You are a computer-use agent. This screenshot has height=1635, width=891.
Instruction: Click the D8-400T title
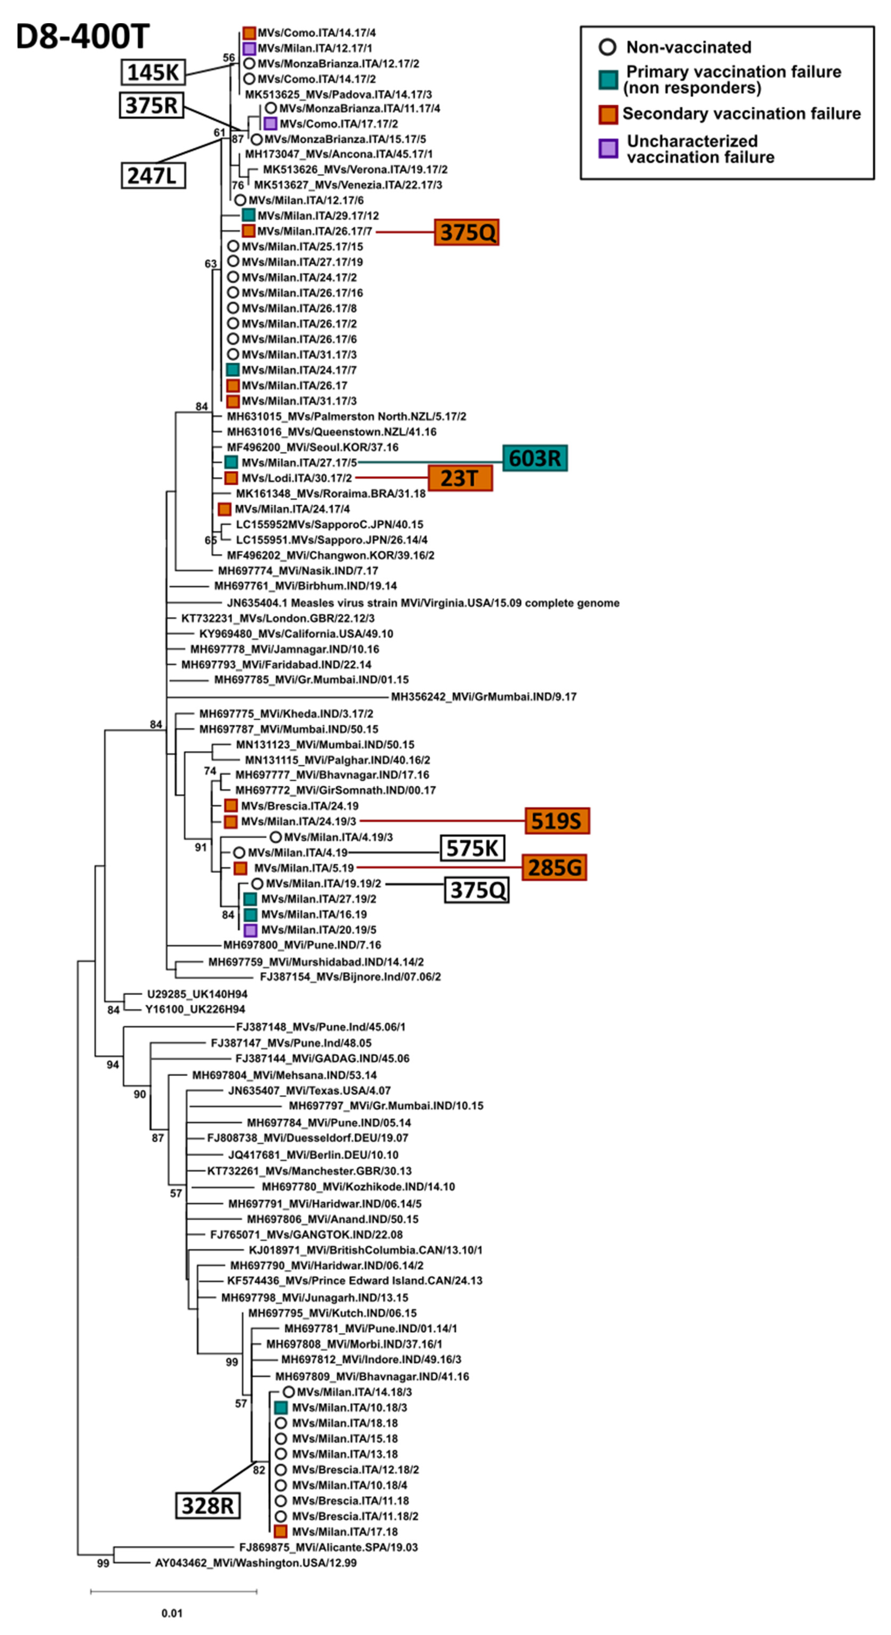click(x=82, y=37)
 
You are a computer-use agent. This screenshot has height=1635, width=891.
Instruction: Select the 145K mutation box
click(x=153, y=72)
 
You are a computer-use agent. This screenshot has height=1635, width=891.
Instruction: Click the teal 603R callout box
click(x=535, y=458)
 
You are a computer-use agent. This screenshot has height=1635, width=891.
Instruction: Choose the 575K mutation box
click(x=473, y=848)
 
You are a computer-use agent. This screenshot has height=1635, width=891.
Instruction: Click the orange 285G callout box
click(x=554, y=868)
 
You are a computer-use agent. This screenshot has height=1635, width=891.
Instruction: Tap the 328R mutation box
click(x=207, y=1505)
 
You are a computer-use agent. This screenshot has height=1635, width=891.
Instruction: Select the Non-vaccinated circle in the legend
click(x=607, y=47)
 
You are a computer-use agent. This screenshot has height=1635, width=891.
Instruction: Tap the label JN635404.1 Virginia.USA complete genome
click(x=423, y=603)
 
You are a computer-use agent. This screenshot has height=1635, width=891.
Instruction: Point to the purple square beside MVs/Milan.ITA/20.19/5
click(x=251, y=930)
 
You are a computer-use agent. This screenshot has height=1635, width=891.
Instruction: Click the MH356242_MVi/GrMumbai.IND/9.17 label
click(x=484, y=697)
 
